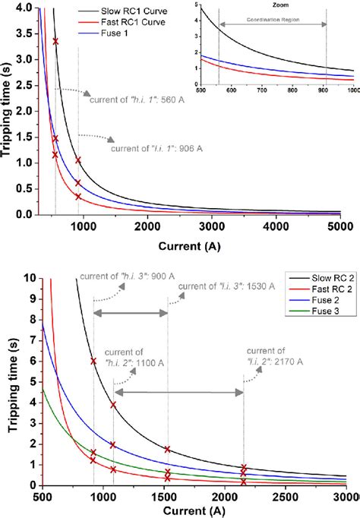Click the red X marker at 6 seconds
[x=93, y=362]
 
